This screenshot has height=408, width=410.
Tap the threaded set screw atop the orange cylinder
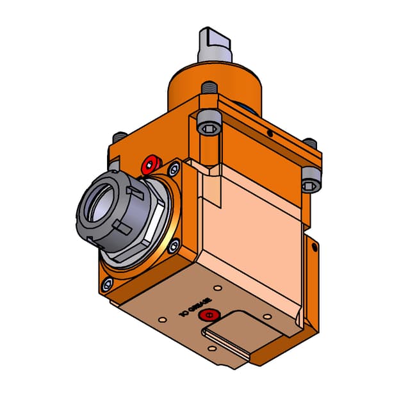pos(208,86)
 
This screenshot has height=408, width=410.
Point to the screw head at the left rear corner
pos(119,137)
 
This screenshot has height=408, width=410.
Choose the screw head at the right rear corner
pos(310,143)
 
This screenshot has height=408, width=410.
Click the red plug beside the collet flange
pos(151,165)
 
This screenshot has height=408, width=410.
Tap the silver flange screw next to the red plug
pos(173,170)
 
